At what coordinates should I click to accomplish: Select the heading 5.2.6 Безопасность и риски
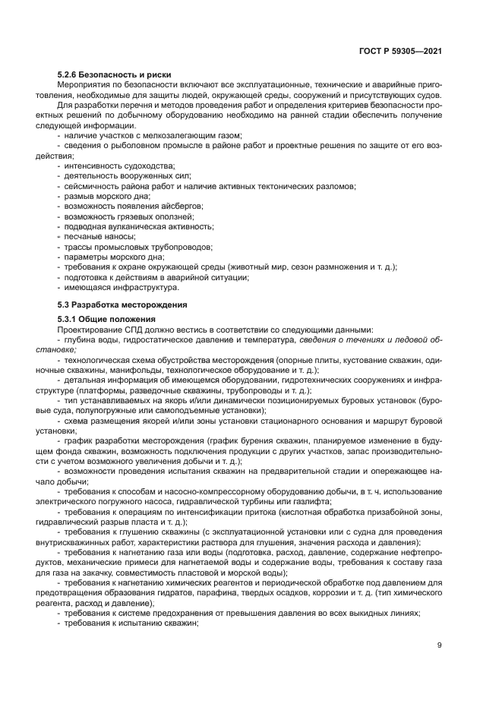[115, 74]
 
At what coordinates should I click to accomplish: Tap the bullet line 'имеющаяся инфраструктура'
[122, 288]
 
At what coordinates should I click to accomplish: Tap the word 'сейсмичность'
[91, 185]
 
